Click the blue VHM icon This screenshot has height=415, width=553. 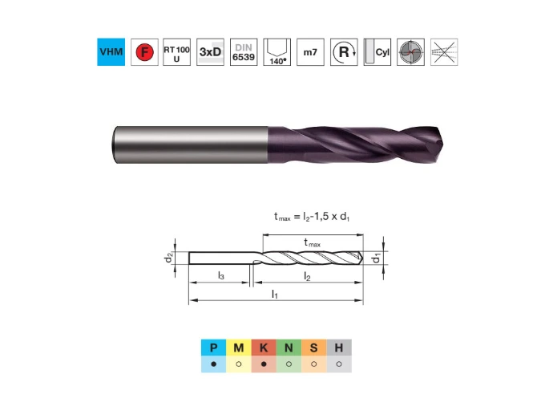pos(111,52)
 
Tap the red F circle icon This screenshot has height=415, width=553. pos(144,52)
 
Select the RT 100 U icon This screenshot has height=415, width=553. pos(176,52)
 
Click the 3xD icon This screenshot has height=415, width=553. pos(210,52)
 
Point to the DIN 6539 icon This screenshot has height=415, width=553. pos(244,52)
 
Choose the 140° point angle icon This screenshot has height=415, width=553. pos(277,52)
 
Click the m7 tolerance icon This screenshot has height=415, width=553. pos(310,52)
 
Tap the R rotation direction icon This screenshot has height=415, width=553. pos(344,52)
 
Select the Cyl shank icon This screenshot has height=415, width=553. pos(377,52)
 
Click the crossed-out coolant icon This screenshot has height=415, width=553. pos(444,52)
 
